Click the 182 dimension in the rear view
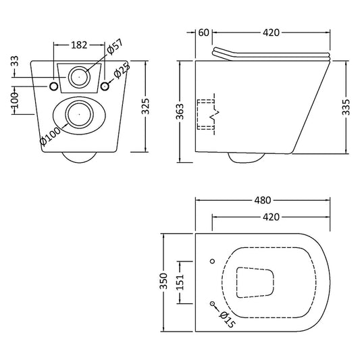click(80, 45)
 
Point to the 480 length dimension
click(263, 201)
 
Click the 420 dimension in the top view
click(271, 217)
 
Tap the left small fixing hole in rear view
click(54, 86)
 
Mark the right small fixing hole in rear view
click(105, 86)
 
